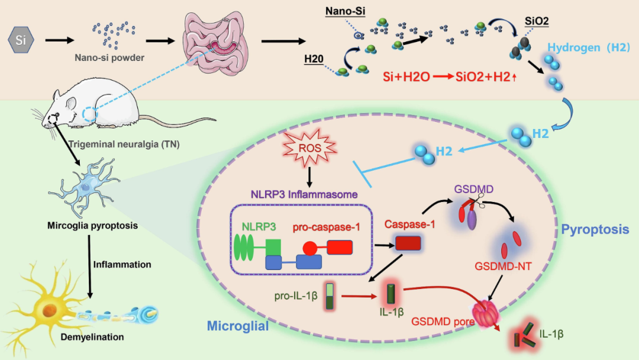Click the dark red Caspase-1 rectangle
[x=408, y=243]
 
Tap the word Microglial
[x=238, y=326]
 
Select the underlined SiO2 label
[x=537, y=21]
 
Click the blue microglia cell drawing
[x=88, y=188]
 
